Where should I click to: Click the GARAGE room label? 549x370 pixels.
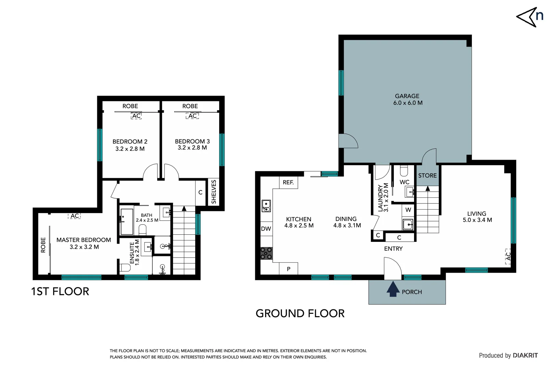tap(407, 96)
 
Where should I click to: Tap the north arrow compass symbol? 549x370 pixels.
tap(529, 17)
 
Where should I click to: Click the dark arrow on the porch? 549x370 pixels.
tap(393, 289)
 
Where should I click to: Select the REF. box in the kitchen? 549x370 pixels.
tap(288, 183)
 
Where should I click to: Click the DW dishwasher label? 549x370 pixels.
tap(266, 229)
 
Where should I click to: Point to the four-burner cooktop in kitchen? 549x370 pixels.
tap(266, 253)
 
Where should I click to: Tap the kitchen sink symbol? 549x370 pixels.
tap(266, 206)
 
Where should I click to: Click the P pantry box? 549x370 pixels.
tap(288, 269)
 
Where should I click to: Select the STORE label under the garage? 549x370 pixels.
tap(427, 175)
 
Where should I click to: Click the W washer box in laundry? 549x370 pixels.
tap(408, 210)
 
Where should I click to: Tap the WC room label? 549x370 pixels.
tap(404, 182)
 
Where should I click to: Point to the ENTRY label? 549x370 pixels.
tap(393, 249)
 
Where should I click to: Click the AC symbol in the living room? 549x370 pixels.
tap(508, 256)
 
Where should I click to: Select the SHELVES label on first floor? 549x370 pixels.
tap(214, 192)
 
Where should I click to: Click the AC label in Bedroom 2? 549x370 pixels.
tap(136, 116)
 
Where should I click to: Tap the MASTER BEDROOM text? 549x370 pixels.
tap(84, 240)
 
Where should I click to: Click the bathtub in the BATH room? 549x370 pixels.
tap(127, 221)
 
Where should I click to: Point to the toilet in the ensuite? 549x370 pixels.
tap(125, 267)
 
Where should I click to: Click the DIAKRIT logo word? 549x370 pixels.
tap(525, 355)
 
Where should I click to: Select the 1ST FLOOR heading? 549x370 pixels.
tap(60, 292)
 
